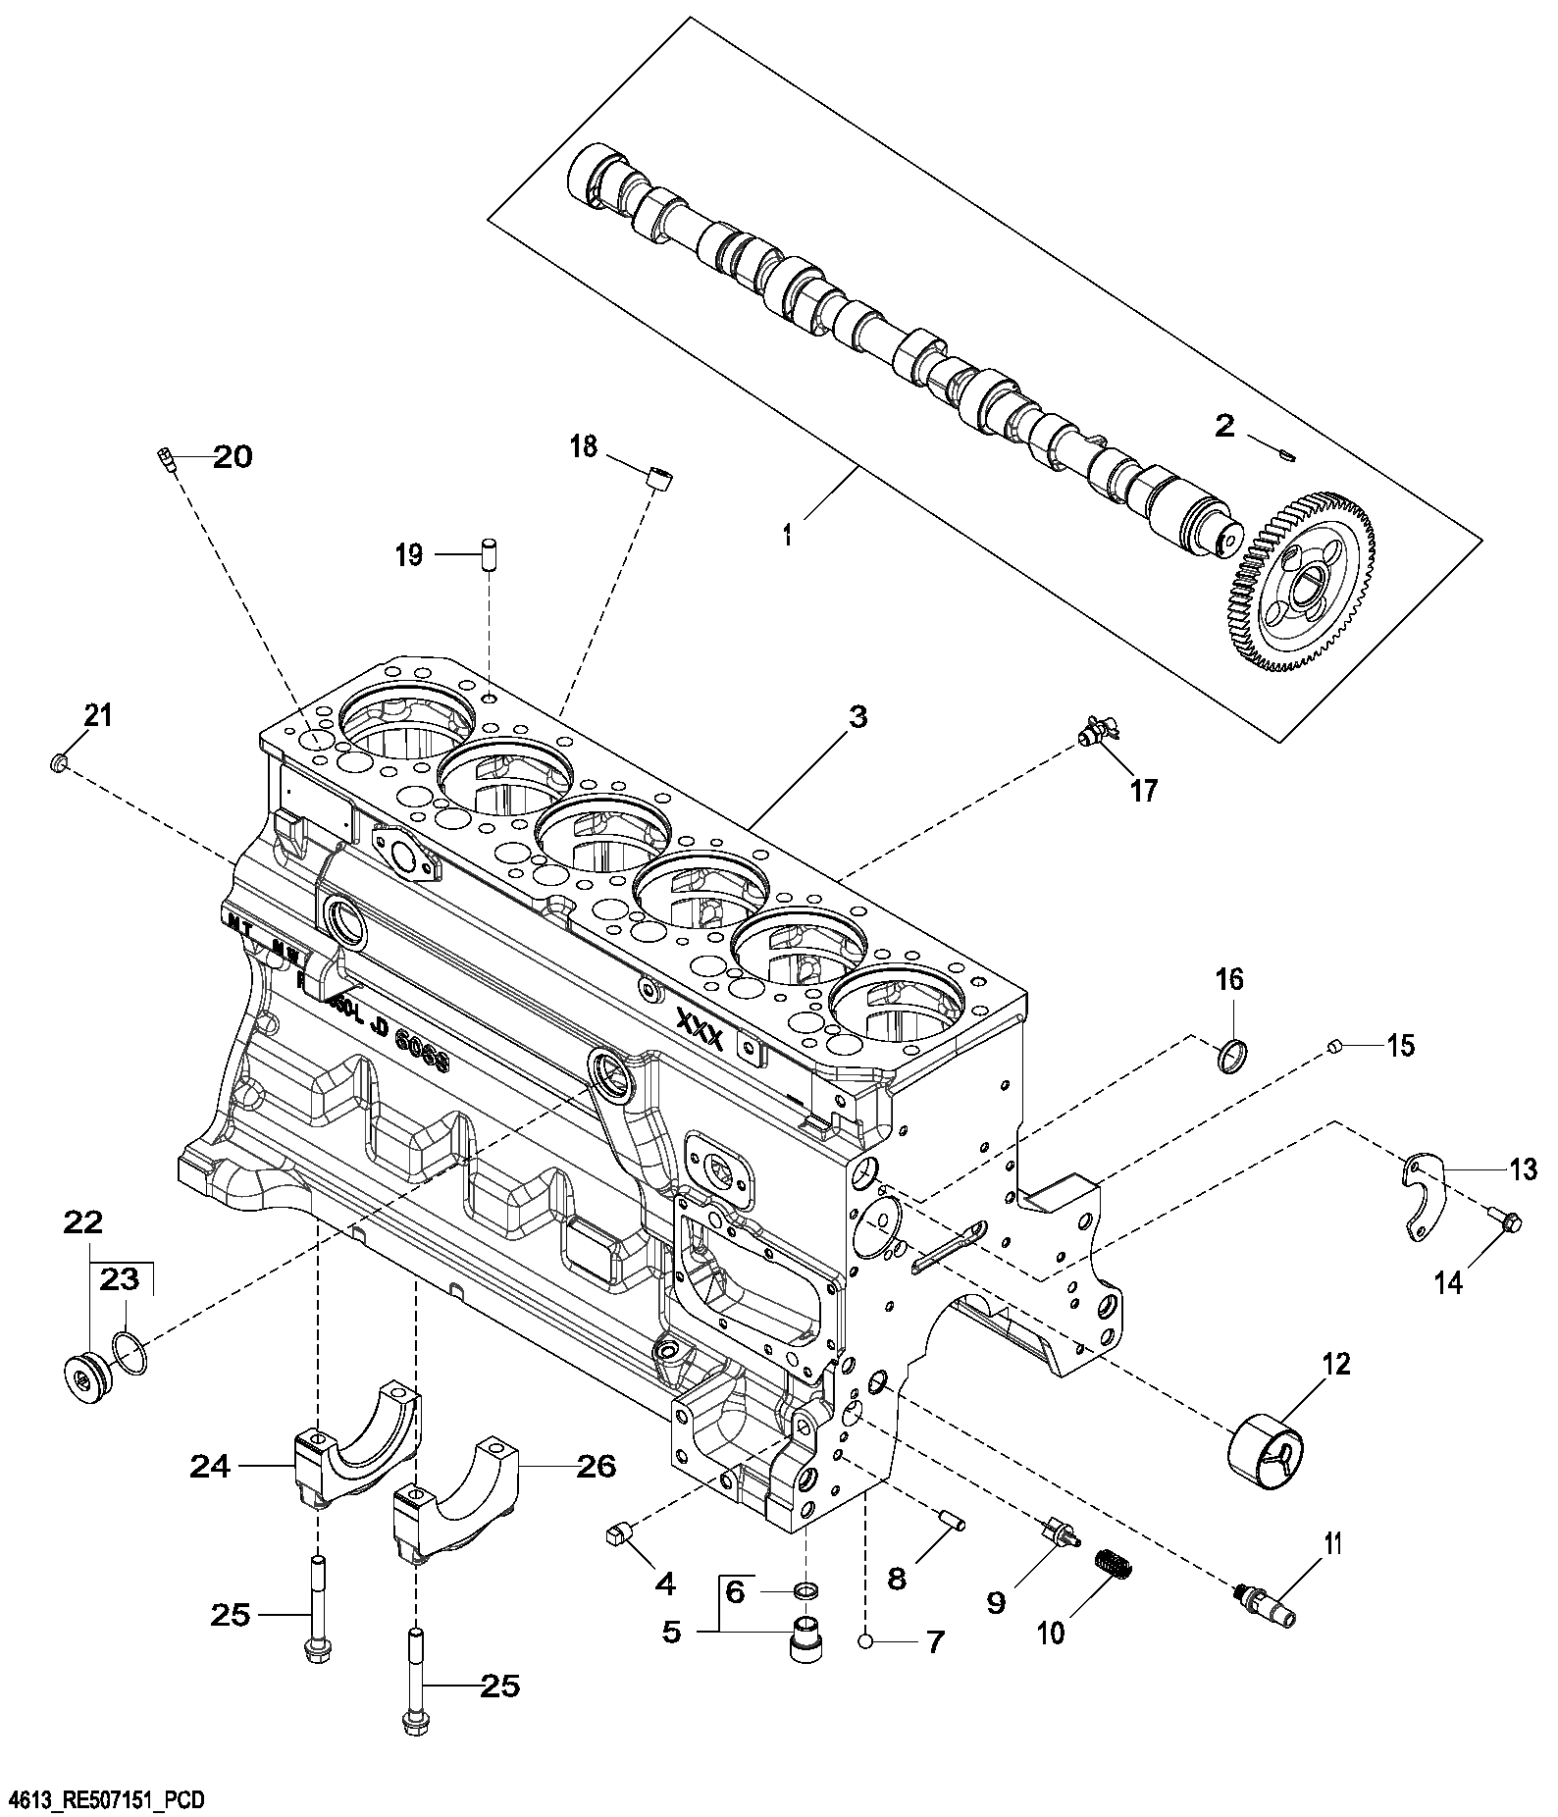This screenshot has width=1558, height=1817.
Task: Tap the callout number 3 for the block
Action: (857, 717)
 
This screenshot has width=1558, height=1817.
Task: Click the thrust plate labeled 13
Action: (1423, 1198)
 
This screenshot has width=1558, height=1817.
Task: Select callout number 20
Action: (233, 457)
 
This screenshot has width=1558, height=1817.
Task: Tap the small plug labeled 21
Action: (58, 761)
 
